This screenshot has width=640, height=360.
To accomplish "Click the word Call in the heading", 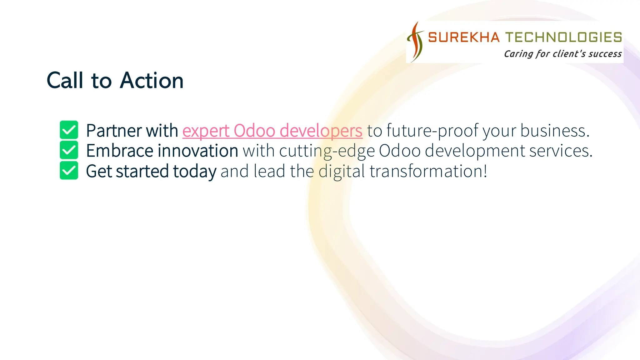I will coord(65,81).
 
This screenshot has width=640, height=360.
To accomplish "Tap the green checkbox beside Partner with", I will coord(69,130).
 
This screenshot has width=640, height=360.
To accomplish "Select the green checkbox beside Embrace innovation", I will coord(69,150).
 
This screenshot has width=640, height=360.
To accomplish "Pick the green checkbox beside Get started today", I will coord(69,170).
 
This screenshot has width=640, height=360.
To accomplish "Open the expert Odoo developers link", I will coord(272,131).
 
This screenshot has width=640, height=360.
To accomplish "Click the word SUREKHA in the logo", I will coord(464,37).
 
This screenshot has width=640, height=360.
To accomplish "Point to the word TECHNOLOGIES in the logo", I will coord(564,37).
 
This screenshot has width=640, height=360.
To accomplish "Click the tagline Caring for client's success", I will coord(562,54).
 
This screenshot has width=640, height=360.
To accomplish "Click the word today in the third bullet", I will coord(194,171).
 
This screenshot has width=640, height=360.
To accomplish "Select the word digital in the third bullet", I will coord(342,171).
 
